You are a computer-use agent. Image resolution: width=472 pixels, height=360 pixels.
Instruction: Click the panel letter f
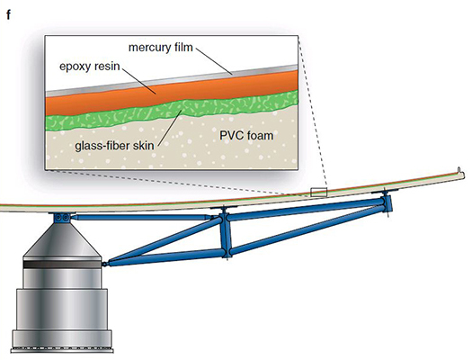coord(8,14)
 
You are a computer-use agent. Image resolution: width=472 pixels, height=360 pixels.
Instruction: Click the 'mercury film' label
coord(160,48)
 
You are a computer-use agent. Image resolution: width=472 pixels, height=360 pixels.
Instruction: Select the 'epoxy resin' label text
coord(90,66)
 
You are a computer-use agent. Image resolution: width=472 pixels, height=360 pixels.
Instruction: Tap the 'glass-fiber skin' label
coord(114,146)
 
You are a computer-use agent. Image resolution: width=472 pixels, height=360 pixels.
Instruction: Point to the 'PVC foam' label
coord(246,136)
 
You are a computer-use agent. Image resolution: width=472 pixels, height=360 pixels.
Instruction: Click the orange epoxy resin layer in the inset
coord(172,93)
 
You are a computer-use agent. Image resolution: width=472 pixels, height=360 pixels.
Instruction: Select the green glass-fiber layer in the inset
coord(172,112)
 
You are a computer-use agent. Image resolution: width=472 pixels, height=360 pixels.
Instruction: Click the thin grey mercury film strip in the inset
coord(172,81)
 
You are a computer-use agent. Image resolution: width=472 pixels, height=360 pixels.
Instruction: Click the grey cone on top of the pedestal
coord(61,240)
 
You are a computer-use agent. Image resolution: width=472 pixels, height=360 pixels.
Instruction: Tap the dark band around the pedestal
coord(62,265)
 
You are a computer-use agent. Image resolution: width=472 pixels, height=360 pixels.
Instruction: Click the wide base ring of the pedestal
coord(62,340)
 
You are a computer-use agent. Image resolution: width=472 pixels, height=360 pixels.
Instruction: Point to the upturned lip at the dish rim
coord(460,172)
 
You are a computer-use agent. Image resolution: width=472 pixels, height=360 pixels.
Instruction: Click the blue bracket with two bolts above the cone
coord(63,218)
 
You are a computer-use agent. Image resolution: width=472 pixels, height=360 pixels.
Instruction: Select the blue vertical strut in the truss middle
coord(225,233)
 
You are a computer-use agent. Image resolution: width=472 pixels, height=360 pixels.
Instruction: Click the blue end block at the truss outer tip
coord(387,203)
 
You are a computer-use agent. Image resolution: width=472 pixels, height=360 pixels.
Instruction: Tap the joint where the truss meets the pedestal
coord(105,264)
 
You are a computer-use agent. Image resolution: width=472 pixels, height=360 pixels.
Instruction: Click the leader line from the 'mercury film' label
coord(213,60)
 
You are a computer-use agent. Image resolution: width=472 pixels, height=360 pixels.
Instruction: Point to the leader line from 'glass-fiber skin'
coord(169,127)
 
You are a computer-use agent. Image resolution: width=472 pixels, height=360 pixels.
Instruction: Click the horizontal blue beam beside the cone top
coord(140,217)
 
